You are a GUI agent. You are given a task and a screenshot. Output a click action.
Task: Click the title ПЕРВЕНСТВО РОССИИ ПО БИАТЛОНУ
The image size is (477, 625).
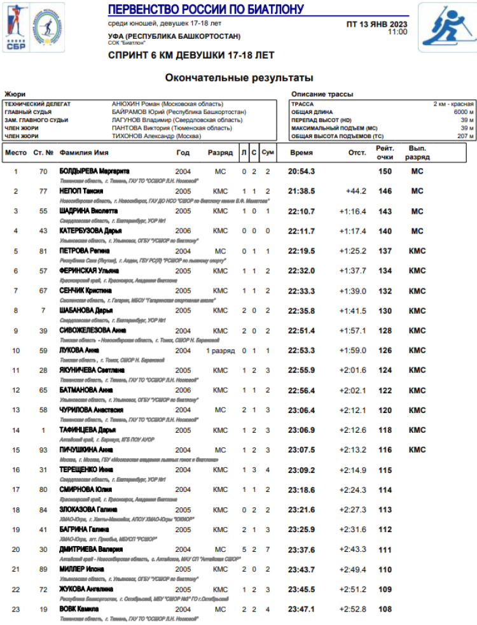pos(205,9)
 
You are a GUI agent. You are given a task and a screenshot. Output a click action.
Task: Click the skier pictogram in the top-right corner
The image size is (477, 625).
pos(446,27)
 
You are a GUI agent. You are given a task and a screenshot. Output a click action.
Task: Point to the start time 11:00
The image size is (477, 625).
pos(397,32)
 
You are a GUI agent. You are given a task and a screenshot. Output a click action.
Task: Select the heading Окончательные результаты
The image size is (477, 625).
pos(239,78)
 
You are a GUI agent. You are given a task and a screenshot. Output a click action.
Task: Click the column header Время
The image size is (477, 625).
pos(301,153)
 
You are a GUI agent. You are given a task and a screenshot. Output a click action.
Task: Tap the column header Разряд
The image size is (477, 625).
pos(220,153)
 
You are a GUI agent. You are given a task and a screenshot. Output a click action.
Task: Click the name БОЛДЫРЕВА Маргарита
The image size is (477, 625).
pos(94,172)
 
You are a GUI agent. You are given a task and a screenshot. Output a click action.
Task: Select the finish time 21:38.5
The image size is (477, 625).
pos(301,192)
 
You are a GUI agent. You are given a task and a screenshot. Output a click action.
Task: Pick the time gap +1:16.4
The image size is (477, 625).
pos(352,211)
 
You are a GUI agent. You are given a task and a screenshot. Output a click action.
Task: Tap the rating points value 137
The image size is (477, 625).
pos(385,251)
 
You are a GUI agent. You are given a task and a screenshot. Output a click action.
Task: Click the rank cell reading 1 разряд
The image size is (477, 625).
pos(220,351)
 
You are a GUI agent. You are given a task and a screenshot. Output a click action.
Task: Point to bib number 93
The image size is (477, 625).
pos(43,450)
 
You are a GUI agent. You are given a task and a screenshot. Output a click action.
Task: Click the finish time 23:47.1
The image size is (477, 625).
pos(301,609)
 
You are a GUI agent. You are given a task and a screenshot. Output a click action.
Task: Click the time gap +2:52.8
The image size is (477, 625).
pos(352,609)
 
